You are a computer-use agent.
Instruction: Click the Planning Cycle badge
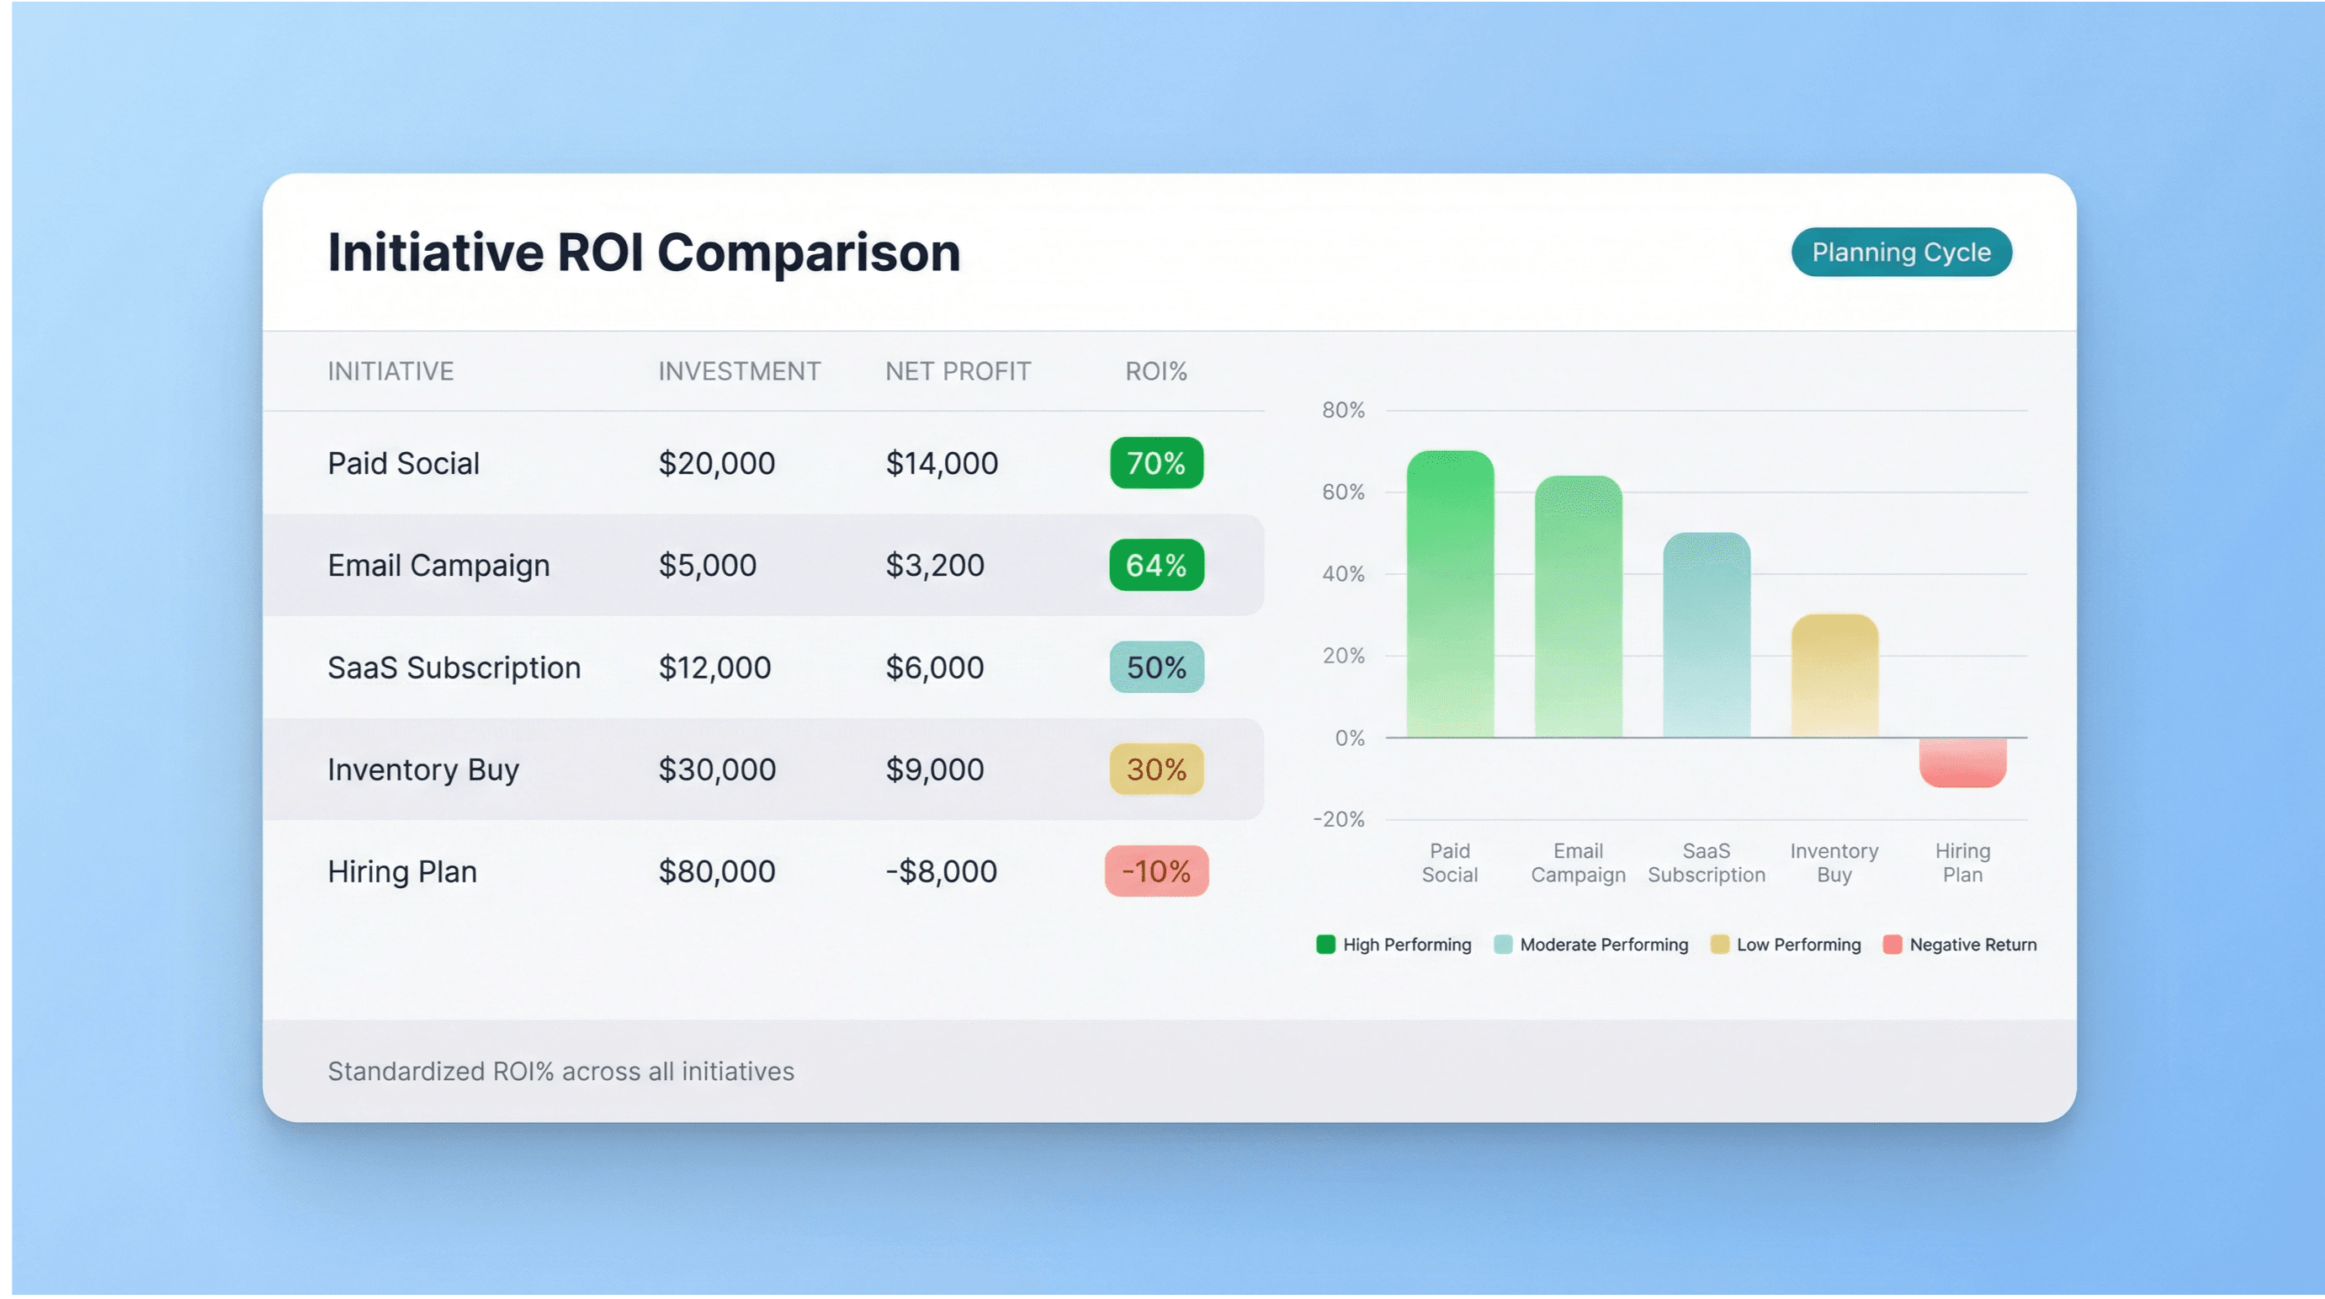click(1901, 252)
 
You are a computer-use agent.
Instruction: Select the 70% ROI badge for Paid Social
click(1156, 463)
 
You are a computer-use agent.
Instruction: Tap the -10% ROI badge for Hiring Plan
click(1156, 871)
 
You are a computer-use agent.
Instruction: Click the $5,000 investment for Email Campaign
click(707, 565)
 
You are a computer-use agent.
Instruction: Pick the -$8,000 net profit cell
click(941, 871)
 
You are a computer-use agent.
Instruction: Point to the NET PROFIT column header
click(957, 371)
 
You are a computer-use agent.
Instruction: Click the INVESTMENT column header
click(738, 371)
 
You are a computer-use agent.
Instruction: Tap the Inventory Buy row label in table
click(422, 770)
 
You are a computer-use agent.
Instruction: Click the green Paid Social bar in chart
click(1450, 596)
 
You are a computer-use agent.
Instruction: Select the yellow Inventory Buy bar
click(1834, 677)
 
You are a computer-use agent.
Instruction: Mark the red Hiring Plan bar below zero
click(1962, 761)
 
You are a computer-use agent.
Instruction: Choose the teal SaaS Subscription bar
click(1706, 636)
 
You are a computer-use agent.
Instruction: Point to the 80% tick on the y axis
click(1343, 411)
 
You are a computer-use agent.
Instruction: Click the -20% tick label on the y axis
click(1339, 820)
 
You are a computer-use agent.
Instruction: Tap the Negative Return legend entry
click(1961, 945)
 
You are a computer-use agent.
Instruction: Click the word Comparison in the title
click(808, 252)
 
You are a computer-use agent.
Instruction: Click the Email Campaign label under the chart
click(1578, 863)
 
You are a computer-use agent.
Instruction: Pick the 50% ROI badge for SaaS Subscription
click(1156, 668)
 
